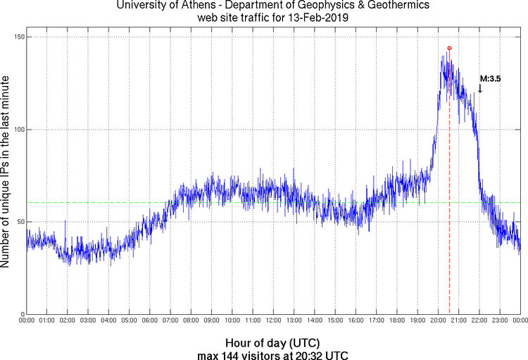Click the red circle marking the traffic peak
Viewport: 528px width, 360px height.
[x=449, y=48]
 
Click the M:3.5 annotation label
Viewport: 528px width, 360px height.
[x=490, y=79]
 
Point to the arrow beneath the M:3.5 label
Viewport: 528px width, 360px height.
[x=480, y=89]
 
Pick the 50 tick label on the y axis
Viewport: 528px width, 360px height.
[x=18, y=222]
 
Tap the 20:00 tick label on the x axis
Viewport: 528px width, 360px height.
[x=438, y=321]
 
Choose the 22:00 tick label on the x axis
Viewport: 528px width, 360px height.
[x=479, y=321]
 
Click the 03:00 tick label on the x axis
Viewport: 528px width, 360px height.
[x=88, y=321]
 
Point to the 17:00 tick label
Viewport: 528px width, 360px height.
[x=376, y=321]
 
